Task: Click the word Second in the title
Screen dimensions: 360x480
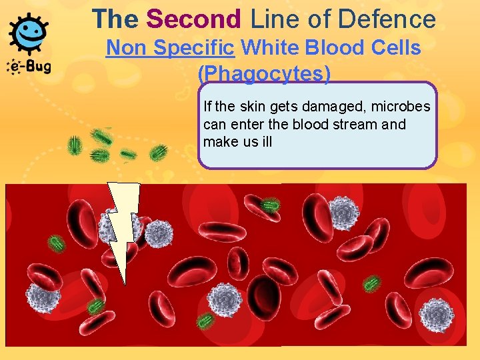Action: pos(194,19)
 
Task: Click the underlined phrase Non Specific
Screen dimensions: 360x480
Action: pos(171,48)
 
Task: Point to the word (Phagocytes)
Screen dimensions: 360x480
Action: pos(264,74)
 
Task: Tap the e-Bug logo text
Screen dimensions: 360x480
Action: pos(29,67)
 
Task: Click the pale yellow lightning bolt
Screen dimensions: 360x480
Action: pos(123,227)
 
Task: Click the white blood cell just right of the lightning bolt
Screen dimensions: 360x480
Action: pos(159,233)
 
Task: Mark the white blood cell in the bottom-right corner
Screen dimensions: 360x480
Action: pos(436,313)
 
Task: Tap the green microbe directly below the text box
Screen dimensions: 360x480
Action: pos(269,205)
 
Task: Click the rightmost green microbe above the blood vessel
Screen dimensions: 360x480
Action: pos(159,153)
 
